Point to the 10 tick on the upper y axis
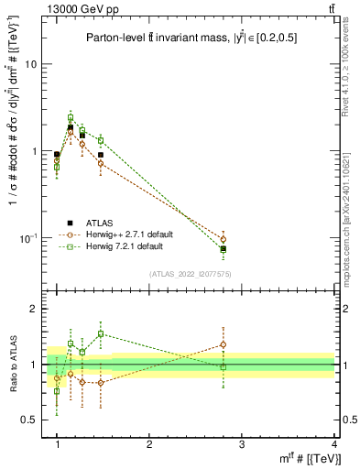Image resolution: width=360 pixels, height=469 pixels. point(34,65)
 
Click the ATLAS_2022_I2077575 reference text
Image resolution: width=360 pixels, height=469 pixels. point(190,274)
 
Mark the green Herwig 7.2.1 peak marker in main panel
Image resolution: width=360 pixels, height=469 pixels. point(71,117)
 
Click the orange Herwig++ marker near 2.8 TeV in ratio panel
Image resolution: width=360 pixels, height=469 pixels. point(224,345)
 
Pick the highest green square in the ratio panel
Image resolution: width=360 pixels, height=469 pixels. point(101,334)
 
